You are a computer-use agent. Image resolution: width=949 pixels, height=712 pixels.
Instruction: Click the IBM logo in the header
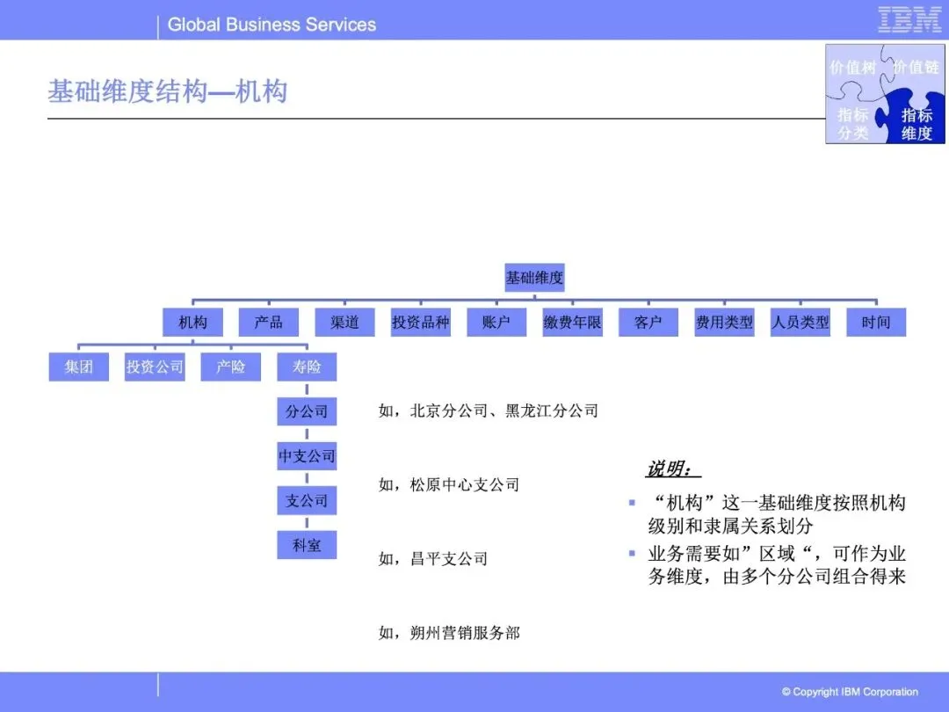(x=909, y=19)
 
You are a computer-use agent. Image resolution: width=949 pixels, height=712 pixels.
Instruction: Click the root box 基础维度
(x=534, y=279)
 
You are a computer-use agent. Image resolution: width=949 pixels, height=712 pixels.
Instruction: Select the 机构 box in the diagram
(x=193, y=323)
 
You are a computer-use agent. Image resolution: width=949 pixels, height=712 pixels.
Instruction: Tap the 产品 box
(x=269, y=323)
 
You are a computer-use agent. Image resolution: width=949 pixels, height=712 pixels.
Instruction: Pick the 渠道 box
(x=344, y=323)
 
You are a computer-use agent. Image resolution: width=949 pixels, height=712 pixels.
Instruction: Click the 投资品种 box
(x=420, y=323)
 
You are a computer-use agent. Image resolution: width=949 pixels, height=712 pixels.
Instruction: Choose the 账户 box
(x=496, y=323)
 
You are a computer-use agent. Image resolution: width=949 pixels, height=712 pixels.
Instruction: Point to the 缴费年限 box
(x=572, y=323)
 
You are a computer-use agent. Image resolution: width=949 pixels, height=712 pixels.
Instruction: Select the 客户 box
(x=648, y=323)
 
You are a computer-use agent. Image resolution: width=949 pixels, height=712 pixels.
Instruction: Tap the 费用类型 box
(x=724, y=323)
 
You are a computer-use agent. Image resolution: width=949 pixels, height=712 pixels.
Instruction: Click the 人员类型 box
(x=800, y=323)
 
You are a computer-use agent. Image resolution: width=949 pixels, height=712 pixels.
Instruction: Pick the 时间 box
(x=875, y=323)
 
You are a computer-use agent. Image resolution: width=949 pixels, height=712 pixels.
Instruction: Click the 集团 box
(x=79, y=367)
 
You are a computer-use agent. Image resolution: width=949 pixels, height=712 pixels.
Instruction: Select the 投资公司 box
(x=155, y=367)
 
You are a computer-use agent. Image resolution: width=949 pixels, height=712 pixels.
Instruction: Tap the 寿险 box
(x=307, y=367)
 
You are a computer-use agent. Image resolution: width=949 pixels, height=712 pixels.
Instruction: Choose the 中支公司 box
(x=307, y=456)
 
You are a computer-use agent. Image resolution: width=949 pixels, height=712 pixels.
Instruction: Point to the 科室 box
(x=307, y=545)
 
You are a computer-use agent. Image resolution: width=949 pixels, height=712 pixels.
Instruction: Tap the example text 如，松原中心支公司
(x=449, y=484)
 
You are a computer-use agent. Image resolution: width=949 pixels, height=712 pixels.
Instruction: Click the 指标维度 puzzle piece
(x=916, y=123)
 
